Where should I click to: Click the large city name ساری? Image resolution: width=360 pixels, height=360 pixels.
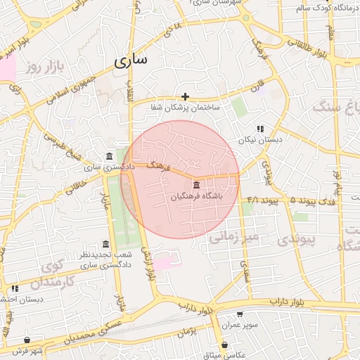(x=131, y=60)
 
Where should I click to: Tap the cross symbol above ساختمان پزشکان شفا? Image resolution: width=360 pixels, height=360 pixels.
(x=185, y=96)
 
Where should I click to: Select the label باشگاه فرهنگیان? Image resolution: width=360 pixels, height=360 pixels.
(x=196, y=197)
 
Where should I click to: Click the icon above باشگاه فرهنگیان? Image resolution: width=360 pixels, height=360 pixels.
(x=195, y=185)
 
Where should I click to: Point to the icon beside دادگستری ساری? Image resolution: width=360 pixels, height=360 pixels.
(x=109, y=156)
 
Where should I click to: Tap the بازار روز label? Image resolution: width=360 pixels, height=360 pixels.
(x=45, y=67)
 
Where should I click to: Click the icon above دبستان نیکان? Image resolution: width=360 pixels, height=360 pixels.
(x=260, y=129)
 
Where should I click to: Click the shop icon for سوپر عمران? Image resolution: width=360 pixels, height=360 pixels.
(x=240, y=314)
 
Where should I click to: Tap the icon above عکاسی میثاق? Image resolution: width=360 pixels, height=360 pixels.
(x=224, y=345)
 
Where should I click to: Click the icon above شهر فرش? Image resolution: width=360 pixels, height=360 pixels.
(x=27, y=340)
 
